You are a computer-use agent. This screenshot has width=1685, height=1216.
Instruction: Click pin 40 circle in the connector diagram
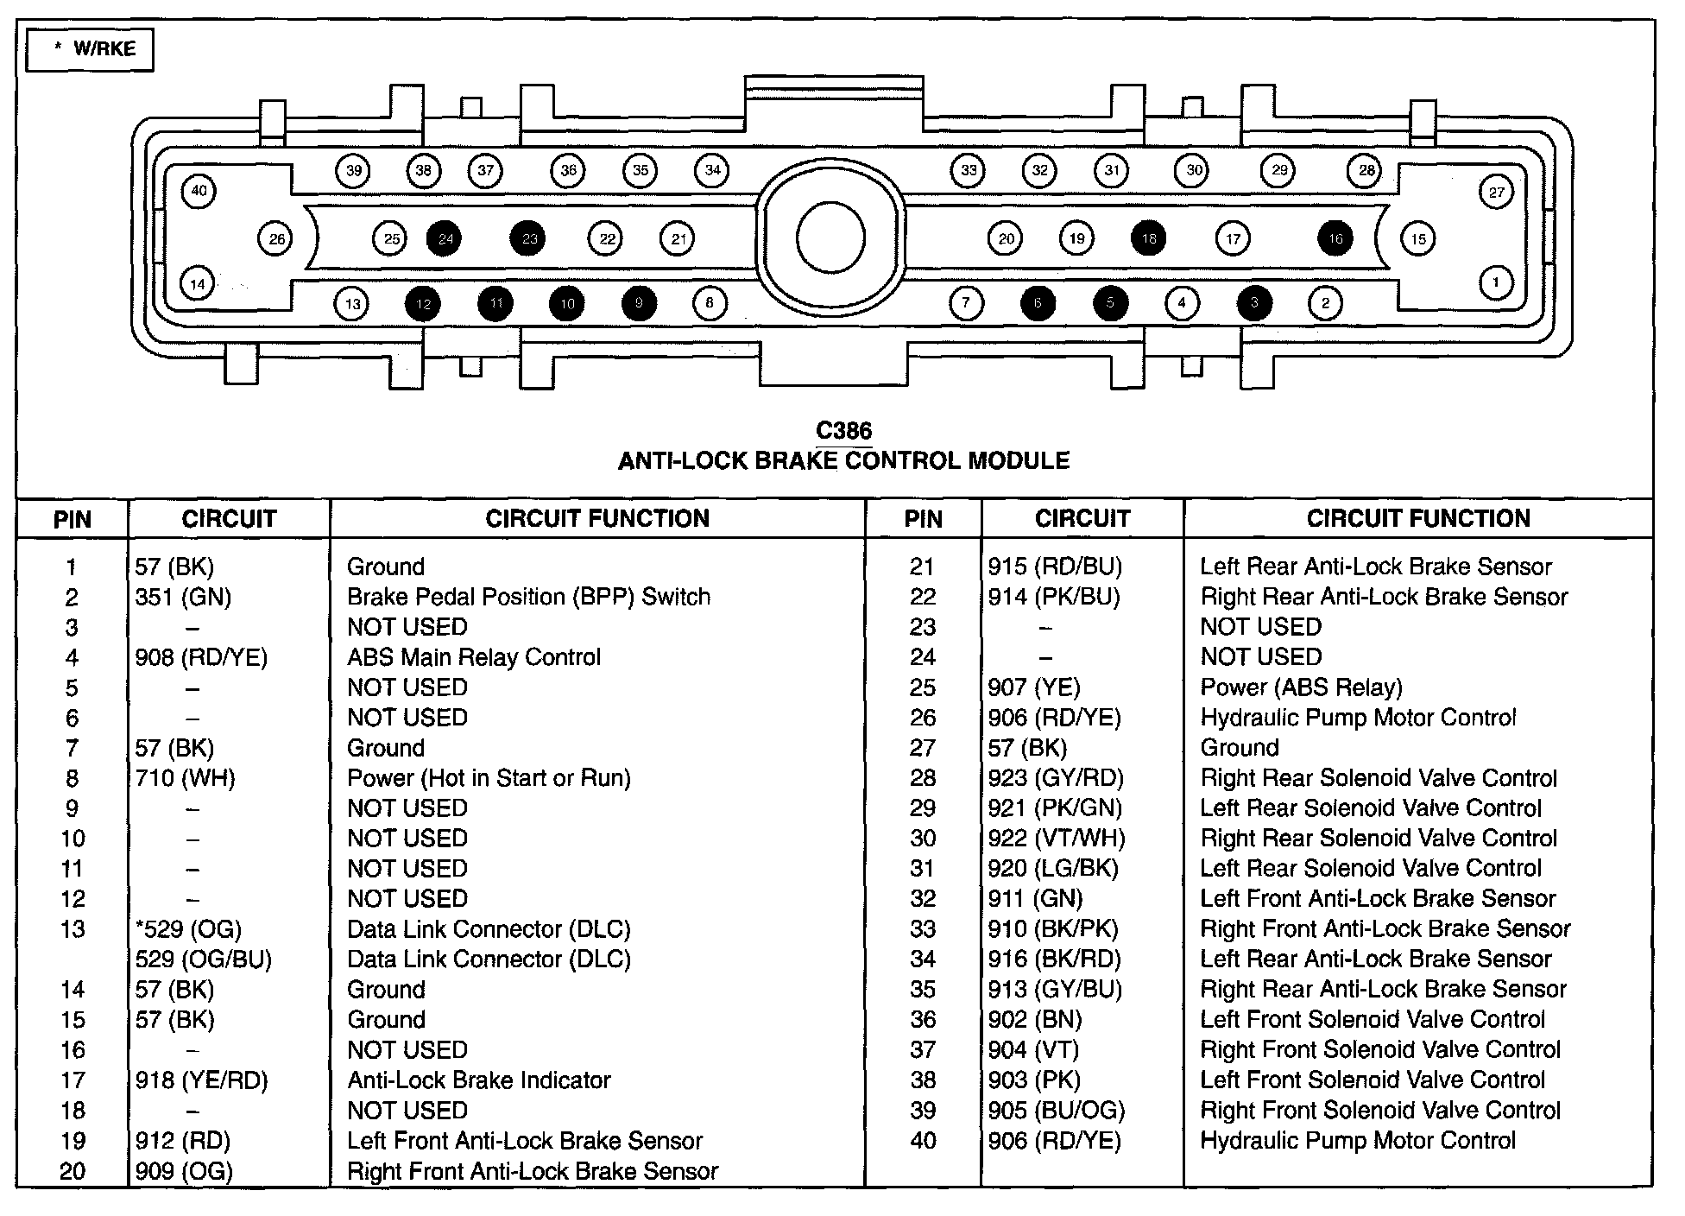click(199, 191)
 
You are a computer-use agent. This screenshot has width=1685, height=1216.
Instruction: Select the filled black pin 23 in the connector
click(528, 238)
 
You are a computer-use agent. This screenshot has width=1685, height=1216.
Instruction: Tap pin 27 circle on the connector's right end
click(1496, 193)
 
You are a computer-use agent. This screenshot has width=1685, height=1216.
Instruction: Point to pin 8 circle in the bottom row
click(710, 303)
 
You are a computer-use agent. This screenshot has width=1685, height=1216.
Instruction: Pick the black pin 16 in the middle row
click(1335, 238)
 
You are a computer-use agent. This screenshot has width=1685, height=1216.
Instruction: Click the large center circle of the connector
click(830, 239)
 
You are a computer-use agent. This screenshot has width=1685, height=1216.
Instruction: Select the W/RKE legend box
click(90, 49)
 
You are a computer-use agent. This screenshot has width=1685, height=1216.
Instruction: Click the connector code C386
click(843, 430)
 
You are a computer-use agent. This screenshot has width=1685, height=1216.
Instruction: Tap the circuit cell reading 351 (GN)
click(183, 598)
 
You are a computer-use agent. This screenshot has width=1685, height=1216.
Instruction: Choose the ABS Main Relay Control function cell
click(473, 658)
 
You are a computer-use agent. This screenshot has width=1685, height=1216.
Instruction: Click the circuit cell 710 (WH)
click(185, 779)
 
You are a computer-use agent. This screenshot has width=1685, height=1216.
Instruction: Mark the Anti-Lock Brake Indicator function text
click(479, 1080)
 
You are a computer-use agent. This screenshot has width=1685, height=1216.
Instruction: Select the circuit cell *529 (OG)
click(188, 929)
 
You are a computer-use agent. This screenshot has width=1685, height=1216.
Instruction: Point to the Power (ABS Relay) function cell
click(1301, 687)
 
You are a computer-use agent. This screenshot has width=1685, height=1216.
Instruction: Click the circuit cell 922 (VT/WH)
click(1056, 839)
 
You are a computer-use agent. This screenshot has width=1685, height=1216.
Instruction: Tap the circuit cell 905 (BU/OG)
click(1056, 1111)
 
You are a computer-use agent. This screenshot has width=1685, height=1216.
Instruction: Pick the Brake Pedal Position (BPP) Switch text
click(528, 598)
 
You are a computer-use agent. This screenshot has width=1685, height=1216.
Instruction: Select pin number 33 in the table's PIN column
click(922, 929)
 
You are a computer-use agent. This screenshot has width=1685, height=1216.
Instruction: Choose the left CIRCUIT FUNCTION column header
click(596, 518)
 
